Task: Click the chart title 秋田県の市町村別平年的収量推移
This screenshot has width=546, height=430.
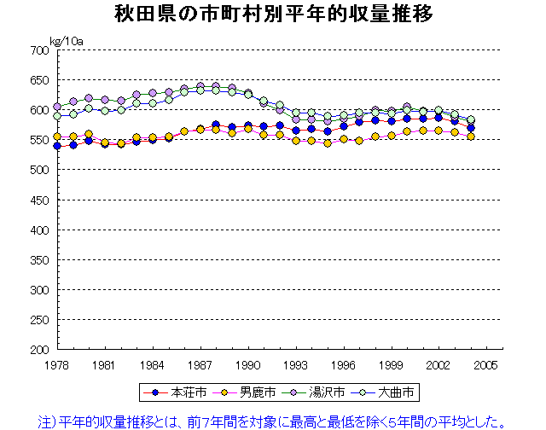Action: click(273, 15)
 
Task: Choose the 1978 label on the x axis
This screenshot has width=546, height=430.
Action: click(57, 364)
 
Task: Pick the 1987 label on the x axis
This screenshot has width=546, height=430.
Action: click(200, 364)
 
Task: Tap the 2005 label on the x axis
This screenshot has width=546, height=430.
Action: click(486, 364)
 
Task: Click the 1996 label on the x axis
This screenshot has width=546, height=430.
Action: click(343, 364)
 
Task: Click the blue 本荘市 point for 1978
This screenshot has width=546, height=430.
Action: click(57, 146)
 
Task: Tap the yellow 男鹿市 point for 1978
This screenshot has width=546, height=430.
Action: click(57, 137)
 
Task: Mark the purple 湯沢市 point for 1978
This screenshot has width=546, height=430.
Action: click(57, 107)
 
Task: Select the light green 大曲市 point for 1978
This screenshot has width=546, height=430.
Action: click(57, 116)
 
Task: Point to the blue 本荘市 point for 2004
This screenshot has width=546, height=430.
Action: click(470, 128)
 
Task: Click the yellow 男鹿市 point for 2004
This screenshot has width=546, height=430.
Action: click(470, 137)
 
